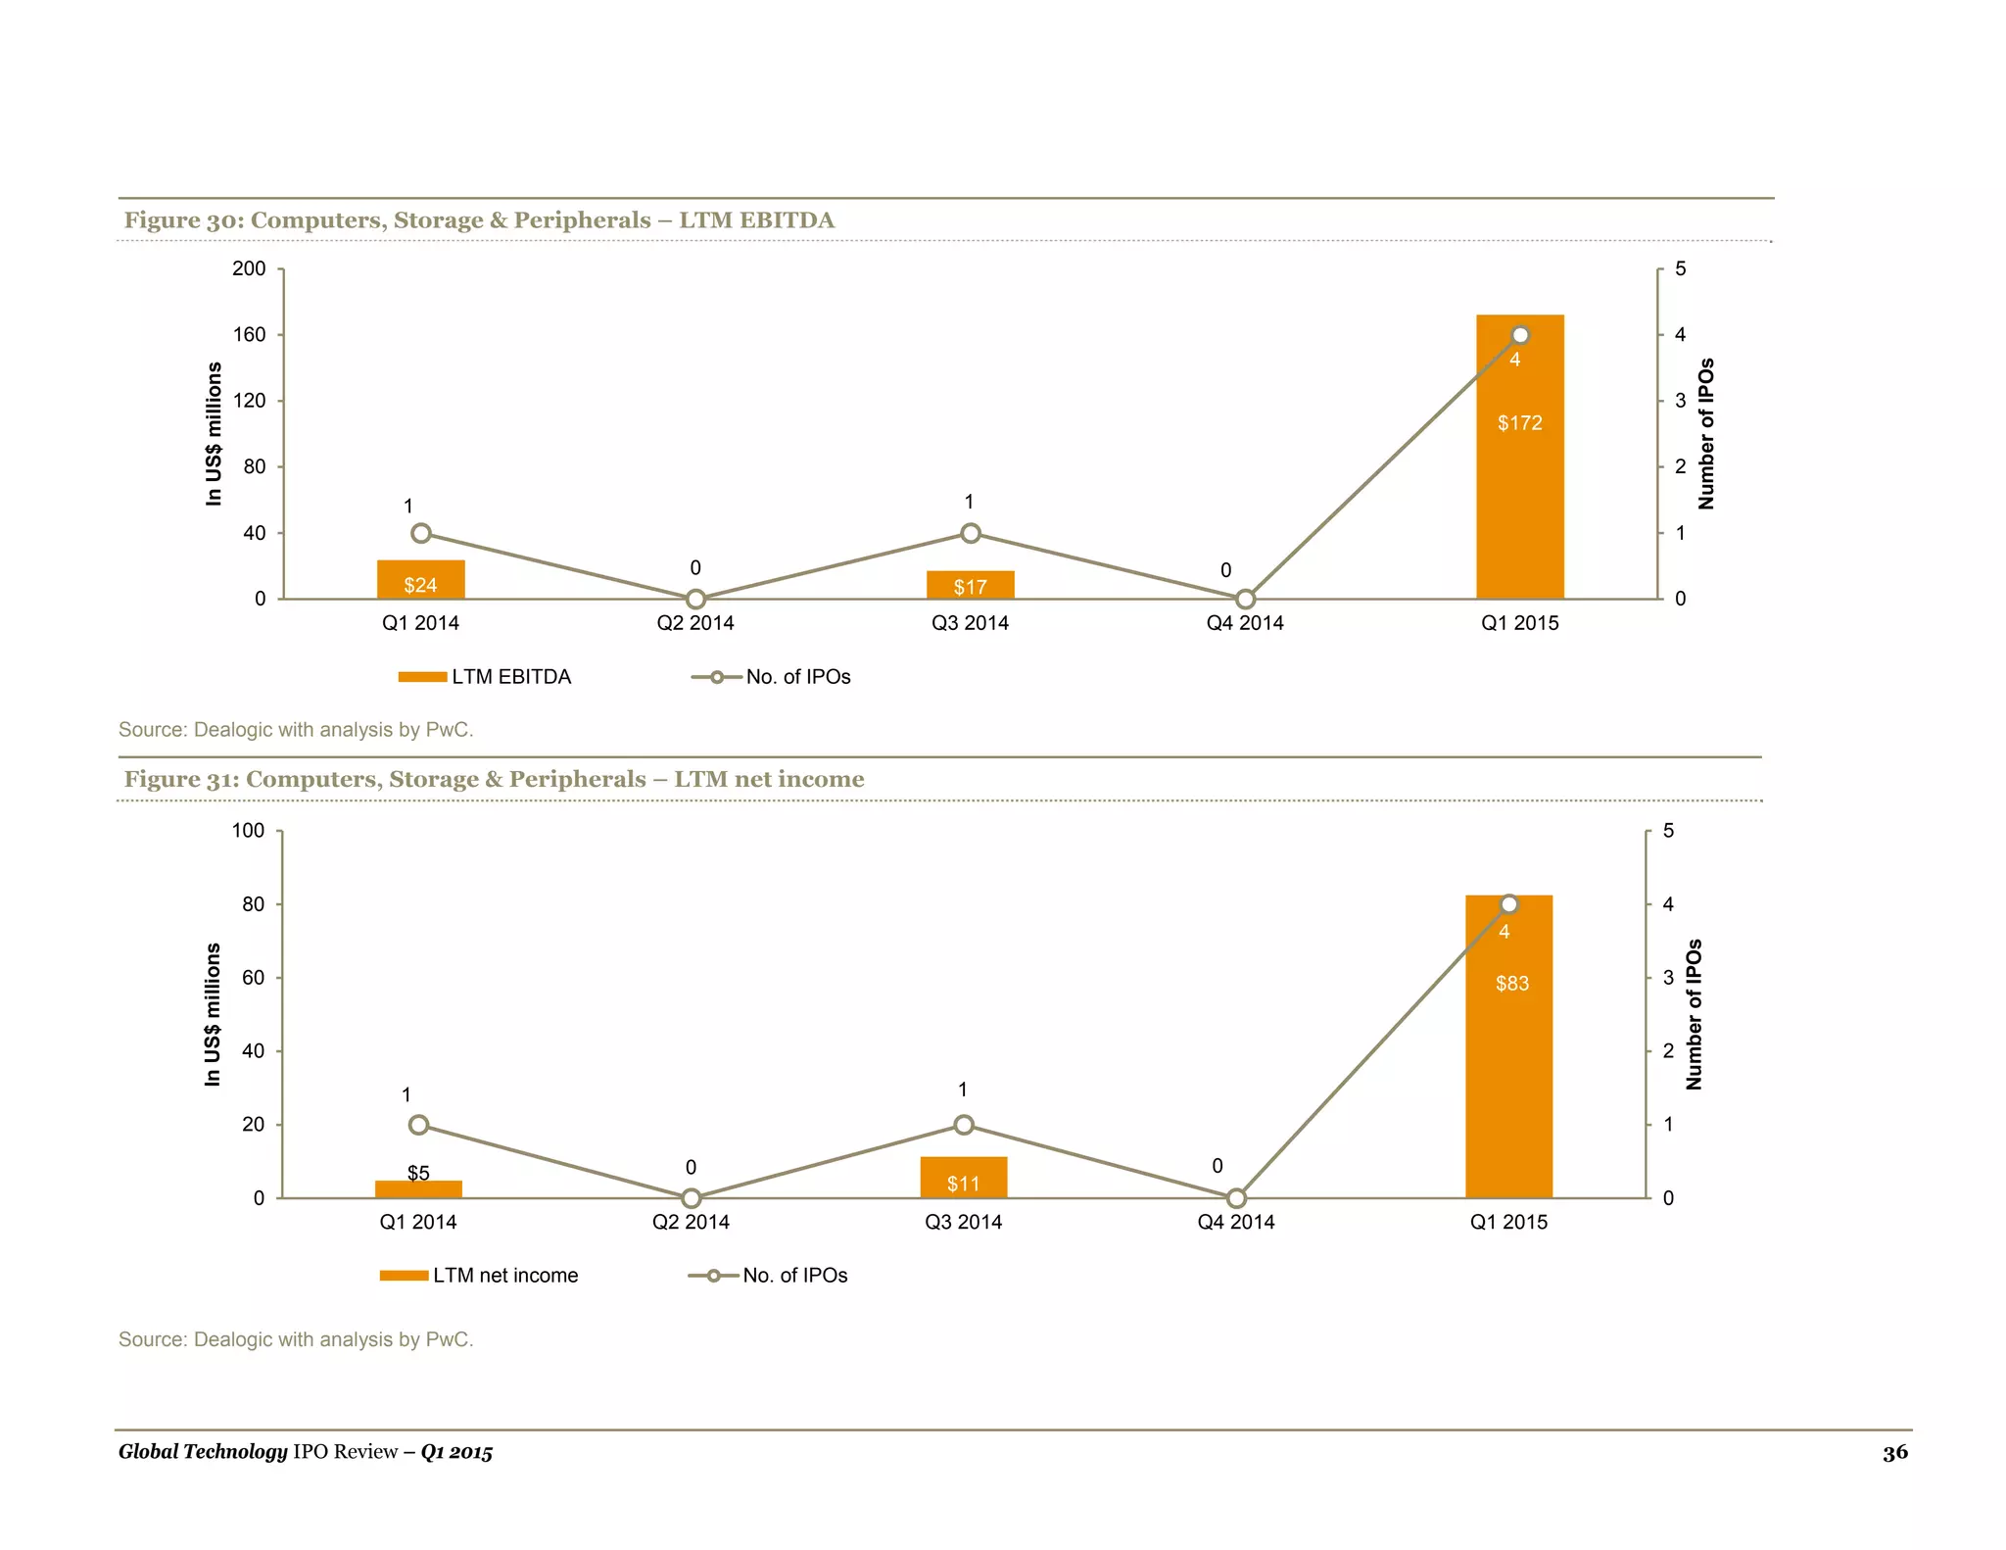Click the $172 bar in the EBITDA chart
pos(1519,470)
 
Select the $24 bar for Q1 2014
pos(420,580)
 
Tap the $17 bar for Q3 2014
pos(970,585)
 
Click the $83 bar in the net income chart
pos(1508,1058)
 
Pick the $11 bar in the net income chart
pos(963,1178)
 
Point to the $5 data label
pos(418,1173)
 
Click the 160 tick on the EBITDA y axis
pos(249,335)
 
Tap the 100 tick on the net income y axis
pos(248,831)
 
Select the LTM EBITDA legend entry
pos(485,677)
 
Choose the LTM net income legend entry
pos(479,1276)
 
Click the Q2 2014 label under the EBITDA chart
pos(695,623)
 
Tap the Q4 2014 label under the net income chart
pos(1236,1222)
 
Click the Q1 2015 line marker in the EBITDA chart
pos(1520,335)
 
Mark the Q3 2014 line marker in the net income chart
pos(964,1125)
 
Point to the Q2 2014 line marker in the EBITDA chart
pos(695,599)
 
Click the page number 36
pos(1894,1452)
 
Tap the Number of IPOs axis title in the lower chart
pos(1695,1014)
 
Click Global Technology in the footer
pos(203,1452)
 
